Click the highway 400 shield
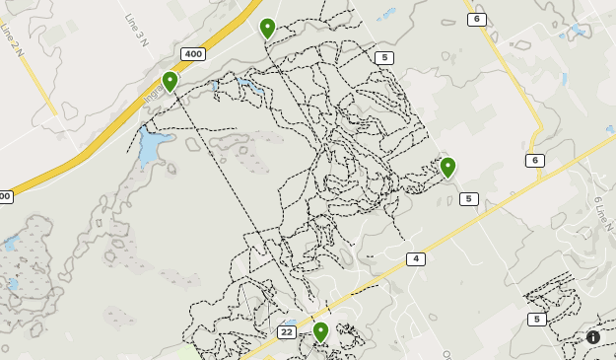[x=193, y=54]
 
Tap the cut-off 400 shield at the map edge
[x=5, y=196]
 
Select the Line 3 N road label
[x=136, y=31]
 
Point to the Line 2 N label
[x=11, y=39]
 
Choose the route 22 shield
[x=286, y=332]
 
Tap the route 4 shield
[x=416, y=259]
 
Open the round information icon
[x=593, y=337]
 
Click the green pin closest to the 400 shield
[x=170, y=81]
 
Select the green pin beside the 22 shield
[x=320, y=330]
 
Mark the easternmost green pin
[x=447, y=167]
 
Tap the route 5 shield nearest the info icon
[x=536, y=320]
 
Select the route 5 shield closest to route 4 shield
[x=468, y=199]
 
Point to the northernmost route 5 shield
[x=384, y=58]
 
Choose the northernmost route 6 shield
[x=477, y=19]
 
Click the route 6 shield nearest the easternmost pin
[x=535, y=161]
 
